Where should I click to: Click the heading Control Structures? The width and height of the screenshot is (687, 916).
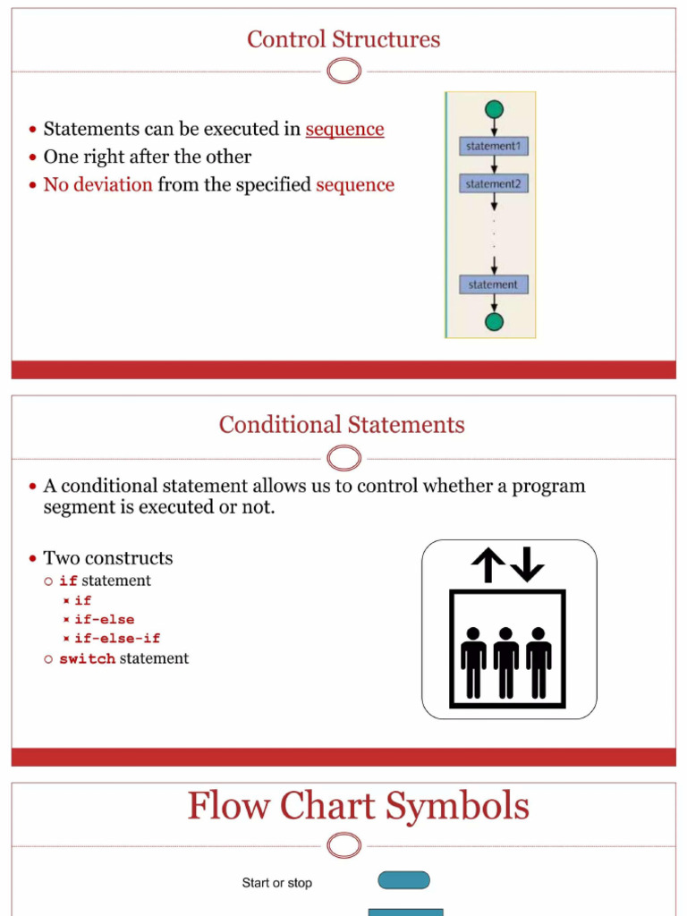pyautogui.click(x=343, y=39)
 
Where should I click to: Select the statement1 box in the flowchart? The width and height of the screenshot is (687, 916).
pyautogui.click(x=493, y=146)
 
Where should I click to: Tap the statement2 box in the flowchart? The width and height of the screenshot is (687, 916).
pyautogui.click(x=493, y=184)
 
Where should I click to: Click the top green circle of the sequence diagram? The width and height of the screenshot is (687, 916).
pyautogui.click(x=494, y=110)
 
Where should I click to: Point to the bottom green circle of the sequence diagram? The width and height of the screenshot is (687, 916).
pyautogui.click(x=494, y=321)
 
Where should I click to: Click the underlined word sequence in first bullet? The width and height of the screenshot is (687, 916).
pyautogui.click(x=344, y=129)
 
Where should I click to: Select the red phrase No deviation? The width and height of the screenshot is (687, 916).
pyautogui.click(x=98, y=185)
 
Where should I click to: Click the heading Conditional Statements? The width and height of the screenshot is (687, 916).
pyautogui.click(x=342, y=424)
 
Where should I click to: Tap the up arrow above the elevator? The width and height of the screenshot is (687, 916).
pyautogui.click(x=488, y=565)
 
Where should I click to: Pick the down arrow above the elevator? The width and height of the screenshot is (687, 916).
pyautogui.click(x=528, y=565)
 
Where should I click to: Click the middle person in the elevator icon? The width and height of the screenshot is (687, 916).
pyautogui.click(x=506, y=662)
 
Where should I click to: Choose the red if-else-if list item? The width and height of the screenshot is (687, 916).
pyautogui.click(x=117, y=639)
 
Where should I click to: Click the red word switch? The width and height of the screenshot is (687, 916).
pyautogui.click(x=87, y=658)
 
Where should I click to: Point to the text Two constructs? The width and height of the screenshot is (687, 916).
pyautogui.click(x=108, y=558)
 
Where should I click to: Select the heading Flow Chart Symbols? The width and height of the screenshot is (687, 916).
pyautogui.click(x=358, y=806)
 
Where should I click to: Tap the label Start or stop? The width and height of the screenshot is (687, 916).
pyautogui.click(x=277, y=883)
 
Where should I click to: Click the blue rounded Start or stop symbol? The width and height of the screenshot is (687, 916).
pyautogui.click(x=404, y=881)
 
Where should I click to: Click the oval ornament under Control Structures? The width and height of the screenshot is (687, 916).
pyautogui.click(x=344, y=71)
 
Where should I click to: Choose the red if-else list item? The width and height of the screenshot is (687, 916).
pyautogui.click(x=105, y=619)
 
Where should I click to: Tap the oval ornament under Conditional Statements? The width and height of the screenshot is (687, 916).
pyautogui.click(x=344, y=459)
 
